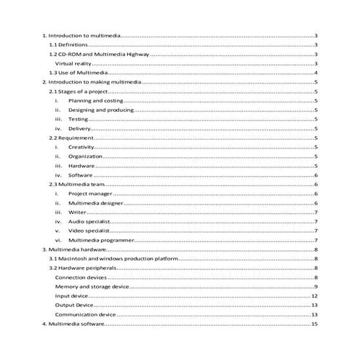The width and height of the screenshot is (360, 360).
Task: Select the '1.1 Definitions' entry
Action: point(67,45)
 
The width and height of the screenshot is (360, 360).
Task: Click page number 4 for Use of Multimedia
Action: point(315,73)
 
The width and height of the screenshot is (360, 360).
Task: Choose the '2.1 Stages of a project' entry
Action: point(77,92)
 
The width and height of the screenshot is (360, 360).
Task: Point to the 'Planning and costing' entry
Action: point(97,102)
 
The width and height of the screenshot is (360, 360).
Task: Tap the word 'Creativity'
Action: point(81,147)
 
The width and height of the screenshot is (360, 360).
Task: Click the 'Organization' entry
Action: point(85,156)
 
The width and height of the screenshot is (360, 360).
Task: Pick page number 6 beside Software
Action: point(315,175)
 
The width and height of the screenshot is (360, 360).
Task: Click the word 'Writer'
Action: point(77,212)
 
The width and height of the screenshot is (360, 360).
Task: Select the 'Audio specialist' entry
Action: point(89,221)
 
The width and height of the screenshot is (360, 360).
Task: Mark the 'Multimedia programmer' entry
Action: point(100,240)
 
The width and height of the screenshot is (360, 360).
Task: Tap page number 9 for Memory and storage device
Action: point(315,287)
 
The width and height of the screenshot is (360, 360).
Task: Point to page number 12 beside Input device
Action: point(314,296)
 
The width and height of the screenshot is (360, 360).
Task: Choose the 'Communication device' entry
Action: point(86,314)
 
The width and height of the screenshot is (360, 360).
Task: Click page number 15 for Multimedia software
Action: point(314,324)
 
